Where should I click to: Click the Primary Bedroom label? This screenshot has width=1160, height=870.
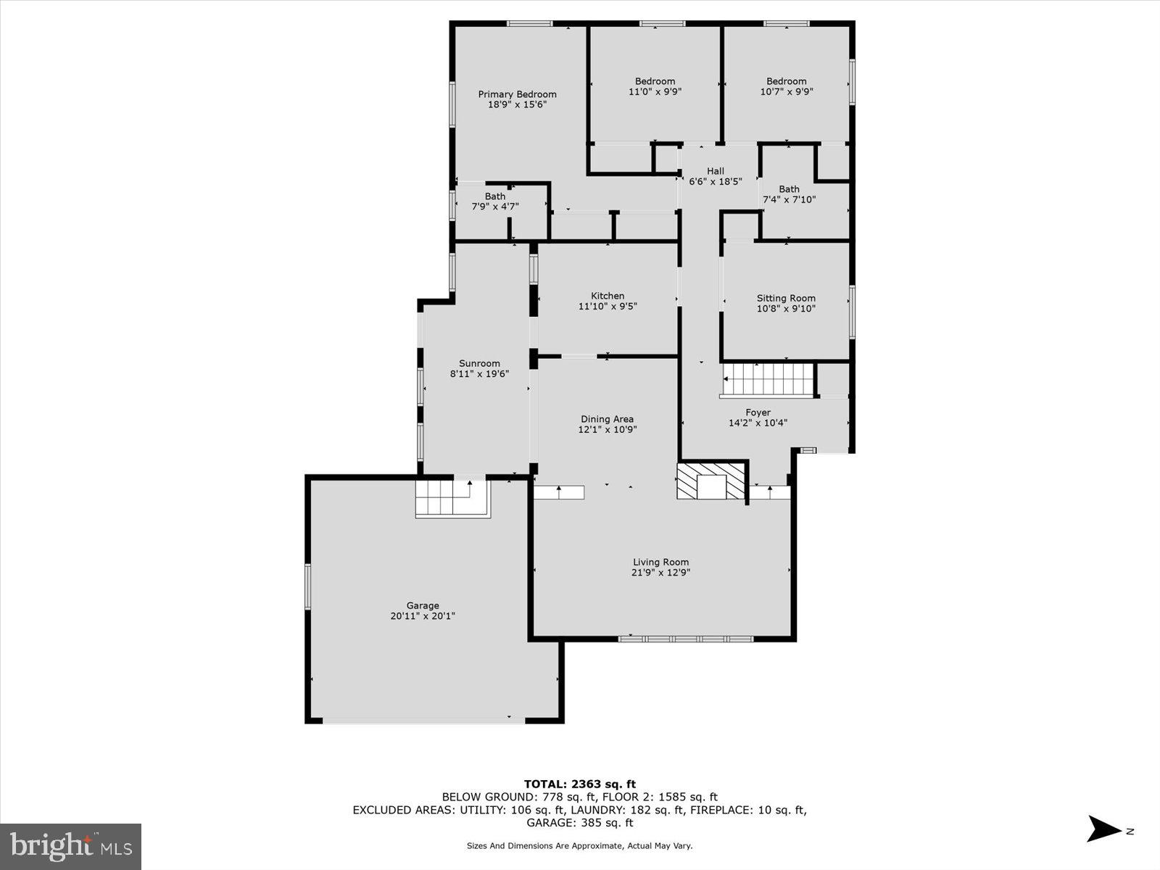coord(517,94)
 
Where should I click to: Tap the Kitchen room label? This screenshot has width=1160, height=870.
coord(608,296)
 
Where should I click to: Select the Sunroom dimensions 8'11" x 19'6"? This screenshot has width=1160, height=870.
coord(479,374)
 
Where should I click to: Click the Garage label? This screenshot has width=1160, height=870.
coord(423,605)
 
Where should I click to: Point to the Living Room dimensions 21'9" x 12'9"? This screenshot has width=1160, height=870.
coord(660,572)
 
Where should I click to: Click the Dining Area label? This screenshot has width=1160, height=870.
coord(607,419)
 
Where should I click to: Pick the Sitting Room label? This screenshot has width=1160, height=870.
coord(786,298)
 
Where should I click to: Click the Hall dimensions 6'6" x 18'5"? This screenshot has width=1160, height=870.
coord(716,182)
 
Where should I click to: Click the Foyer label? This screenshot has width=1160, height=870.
coord(758,413)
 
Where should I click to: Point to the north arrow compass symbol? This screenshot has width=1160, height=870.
coord(1105,829)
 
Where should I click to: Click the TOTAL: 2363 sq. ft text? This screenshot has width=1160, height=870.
coord(579,784)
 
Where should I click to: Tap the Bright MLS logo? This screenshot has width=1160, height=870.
coord(71,846)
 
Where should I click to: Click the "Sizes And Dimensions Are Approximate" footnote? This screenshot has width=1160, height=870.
coord(579,845)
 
